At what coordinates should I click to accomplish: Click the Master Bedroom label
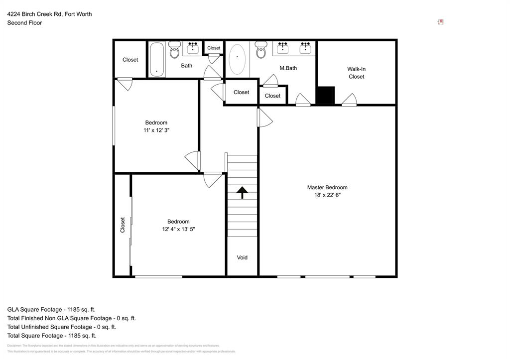coord(327,187)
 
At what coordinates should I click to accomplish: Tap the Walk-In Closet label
coord(356,73)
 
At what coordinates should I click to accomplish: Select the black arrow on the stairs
coord(242,192)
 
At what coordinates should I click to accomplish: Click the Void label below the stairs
coord(242,257)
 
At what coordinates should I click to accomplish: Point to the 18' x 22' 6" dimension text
coord(327,195)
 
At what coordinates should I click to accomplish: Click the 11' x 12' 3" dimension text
coord(156,130)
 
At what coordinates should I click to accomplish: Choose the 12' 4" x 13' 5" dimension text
coord(178,230)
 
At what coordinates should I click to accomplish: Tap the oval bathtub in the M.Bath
coord(237,59)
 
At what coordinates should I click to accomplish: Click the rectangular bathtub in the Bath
coord(156,59)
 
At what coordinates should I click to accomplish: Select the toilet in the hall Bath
coord(174,50)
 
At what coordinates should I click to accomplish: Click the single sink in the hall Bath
coord(193,48)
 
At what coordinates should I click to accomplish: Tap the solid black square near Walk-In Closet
coord(326,96)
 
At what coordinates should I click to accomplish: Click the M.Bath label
coord(288,68)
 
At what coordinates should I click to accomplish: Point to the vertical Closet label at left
coord(123,225)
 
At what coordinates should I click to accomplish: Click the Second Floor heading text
coord(24,23)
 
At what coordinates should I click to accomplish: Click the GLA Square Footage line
coord(51,309)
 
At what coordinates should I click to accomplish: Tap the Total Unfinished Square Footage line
coord(61,327)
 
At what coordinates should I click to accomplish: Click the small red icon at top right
coord(440,22)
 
